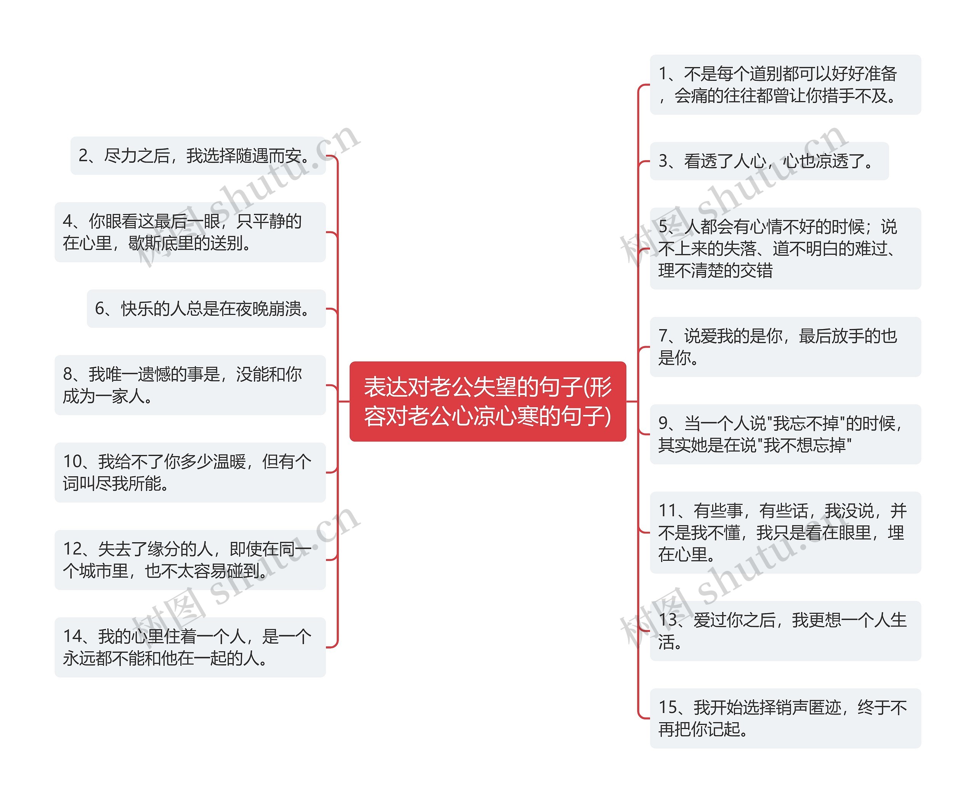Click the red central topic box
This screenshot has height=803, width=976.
(488, 401)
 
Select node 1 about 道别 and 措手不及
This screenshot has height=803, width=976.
(785, 85)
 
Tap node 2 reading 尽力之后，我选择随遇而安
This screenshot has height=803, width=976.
(198, 156)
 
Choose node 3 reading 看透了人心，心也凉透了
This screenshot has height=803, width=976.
(769, 161)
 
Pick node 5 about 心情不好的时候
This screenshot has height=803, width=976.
(785, 248)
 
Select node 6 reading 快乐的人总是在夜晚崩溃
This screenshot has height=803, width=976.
(206, 308)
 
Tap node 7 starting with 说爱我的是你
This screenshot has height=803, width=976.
(785, 347)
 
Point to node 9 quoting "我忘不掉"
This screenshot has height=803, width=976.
(785, 434)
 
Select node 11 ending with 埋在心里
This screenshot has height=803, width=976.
(785, 532)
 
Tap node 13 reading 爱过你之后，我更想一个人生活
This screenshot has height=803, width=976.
(785, 631)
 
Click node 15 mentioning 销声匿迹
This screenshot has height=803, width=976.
(785, 718)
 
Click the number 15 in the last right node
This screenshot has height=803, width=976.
(668, 708)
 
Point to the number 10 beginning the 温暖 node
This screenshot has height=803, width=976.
(72, 462)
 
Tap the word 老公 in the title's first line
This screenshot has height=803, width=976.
(451, 387)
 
